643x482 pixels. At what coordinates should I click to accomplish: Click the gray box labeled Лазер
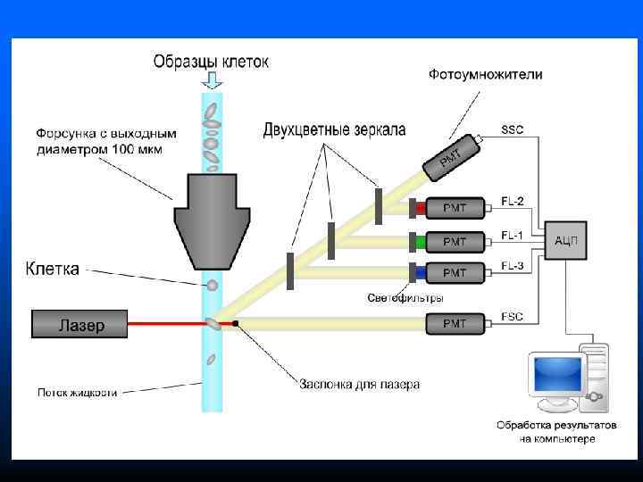pos(80,324)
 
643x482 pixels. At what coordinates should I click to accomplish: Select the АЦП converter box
pos(565,240)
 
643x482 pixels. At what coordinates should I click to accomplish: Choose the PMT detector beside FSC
pos(455,323)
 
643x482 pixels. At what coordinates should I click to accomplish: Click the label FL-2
pos(513,200)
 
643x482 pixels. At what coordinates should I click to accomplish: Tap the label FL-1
pos(513,236)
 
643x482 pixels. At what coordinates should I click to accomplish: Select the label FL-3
pos(513,265)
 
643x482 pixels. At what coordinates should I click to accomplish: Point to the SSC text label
pos(512,129)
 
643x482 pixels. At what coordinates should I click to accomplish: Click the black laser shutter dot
pos(236,321)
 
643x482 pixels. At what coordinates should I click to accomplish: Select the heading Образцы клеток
pos(211,62)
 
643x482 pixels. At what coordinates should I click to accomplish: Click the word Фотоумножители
pos(485,74)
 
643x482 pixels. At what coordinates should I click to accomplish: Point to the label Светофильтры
pos(405,297)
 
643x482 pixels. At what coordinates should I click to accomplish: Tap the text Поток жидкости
pos(77,391)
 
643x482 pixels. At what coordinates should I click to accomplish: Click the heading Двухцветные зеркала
pos(334,130)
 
